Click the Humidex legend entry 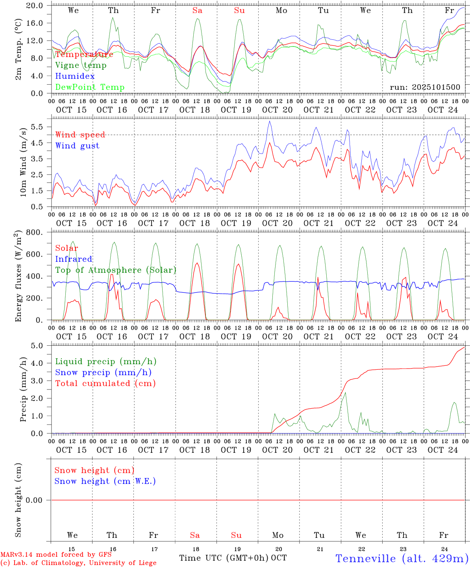tap(75, 76)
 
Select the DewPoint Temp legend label tap(90, 87)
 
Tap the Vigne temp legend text tap(81, 65)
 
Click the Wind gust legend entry tap(77, 146)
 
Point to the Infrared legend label tap(74, 259)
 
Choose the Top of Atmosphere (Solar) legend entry tap(115, 270)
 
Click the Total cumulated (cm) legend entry tap(105, 383)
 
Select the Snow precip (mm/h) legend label tap(103, 372)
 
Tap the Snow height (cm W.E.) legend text tap(105, 481)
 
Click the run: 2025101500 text tap(425, 87)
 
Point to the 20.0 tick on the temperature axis tap(35, 6)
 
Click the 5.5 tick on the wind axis tap(38, 127)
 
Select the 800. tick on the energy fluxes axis tap(35, 232)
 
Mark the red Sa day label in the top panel tap(197, 11)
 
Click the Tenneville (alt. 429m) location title tap(402, 558)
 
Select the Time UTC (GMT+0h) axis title tap(224, 558)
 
